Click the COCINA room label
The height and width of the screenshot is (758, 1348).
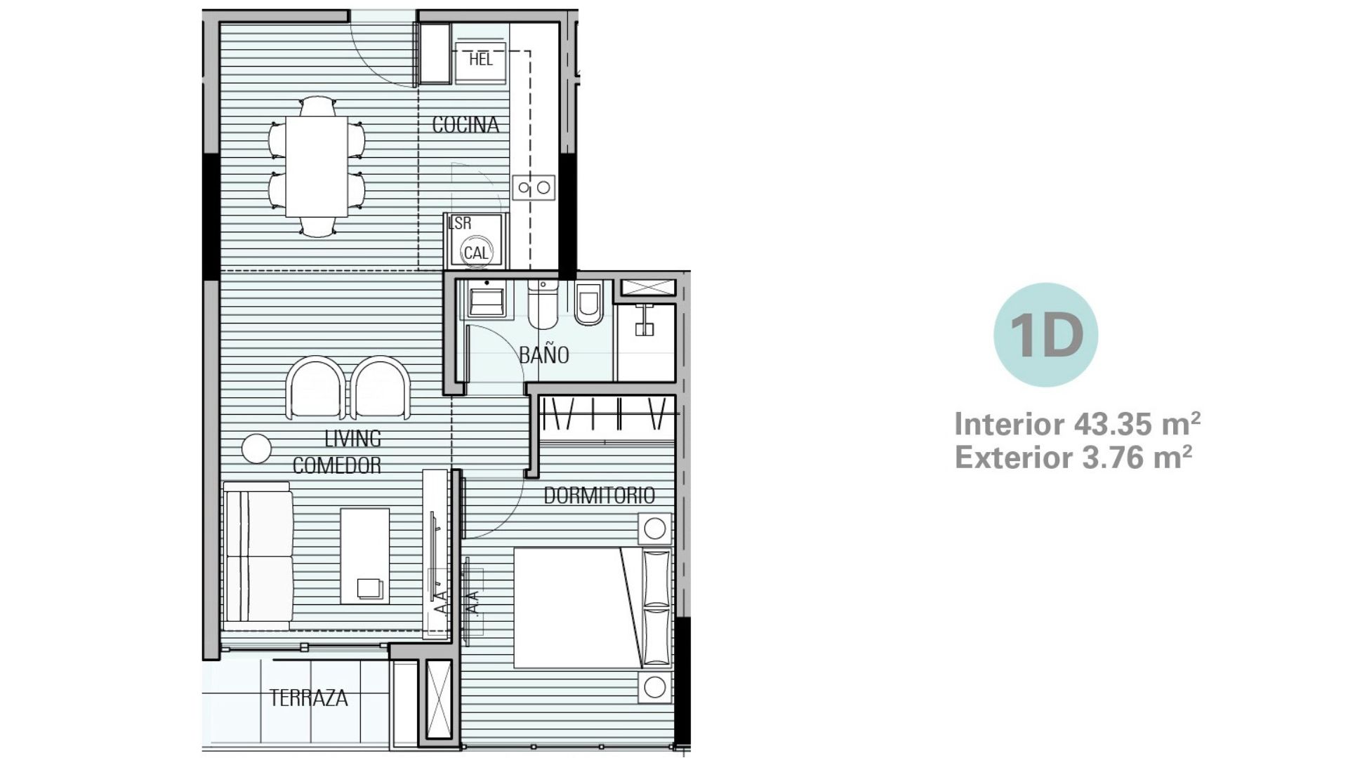click(x=465, y=125)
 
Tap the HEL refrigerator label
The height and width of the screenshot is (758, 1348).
click(x=481, y=60)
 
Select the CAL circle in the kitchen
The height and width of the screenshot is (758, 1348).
click(x=476, y=253)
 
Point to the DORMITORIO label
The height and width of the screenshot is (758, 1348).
click(x=599, y=496)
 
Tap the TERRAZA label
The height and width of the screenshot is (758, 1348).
click(x=309, y=698)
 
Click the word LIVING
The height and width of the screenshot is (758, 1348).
click(x=352, y=439)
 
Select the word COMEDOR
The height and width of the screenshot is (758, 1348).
click(x=337, y=465)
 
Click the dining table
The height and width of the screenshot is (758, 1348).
click(x=317, y=166)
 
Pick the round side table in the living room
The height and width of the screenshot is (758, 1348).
click(x=256, y=448)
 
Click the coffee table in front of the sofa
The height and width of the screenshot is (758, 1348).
click(x=365, y=556)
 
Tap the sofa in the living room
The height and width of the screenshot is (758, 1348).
click(x=258, y=556)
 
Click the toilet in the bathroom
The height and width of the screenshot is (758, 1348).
click(x=542, y=305)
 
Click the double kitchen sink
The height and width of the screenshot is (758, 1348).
click(x=533, y=187)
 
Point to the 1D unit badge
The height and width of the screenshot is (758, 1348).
click(x=1045, y=335)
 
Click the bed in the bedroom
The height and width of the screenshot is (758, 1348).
click(x=593, y=608)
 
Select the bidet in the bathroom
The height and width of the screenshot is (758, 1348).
click(x=588, y=303)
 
